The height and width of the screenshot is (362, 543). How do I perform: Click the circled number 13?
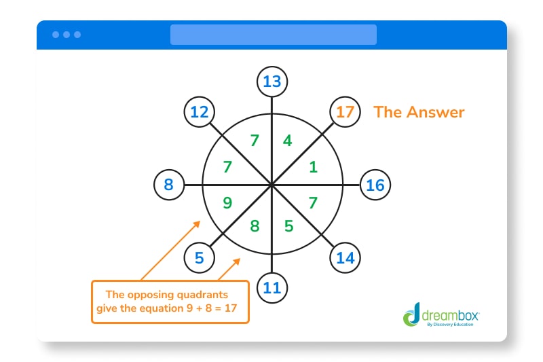(272, 82)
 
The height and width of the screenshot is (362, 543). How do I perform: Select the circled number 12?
(199, 111)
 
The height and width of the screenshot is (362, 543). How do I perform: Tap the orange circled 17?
(345, 111)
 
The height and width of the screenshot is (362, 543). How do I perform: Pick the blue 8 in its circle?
(169, 185)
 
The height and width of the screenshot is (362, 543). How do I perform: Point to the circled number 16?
(375, 185)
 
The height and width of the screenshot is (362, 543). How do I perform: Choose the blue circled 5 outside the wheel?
(199, 258)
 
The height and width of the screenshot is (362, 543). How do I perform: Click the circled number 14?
(345, 258)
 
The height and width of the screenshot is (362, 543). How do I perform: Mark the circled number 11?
(272, 287)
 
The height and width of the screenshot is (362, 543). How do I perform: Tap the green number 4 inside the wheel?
(288, 141)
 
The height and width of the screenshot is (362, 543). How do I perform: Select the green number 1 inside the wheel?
(313, 167)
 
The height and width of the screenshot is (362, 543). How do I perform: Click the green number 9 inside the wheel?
(228, 202)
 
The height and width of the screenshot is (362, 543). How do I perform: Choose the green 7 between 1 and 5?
(313, 202)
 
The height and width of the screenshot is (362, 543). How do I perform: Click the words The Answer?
(419, 112)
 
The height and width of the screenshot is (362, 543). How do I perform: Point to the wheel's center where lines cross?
(272, 185)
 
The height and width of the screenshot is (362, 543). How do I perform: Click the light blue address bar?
(273, 35)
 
